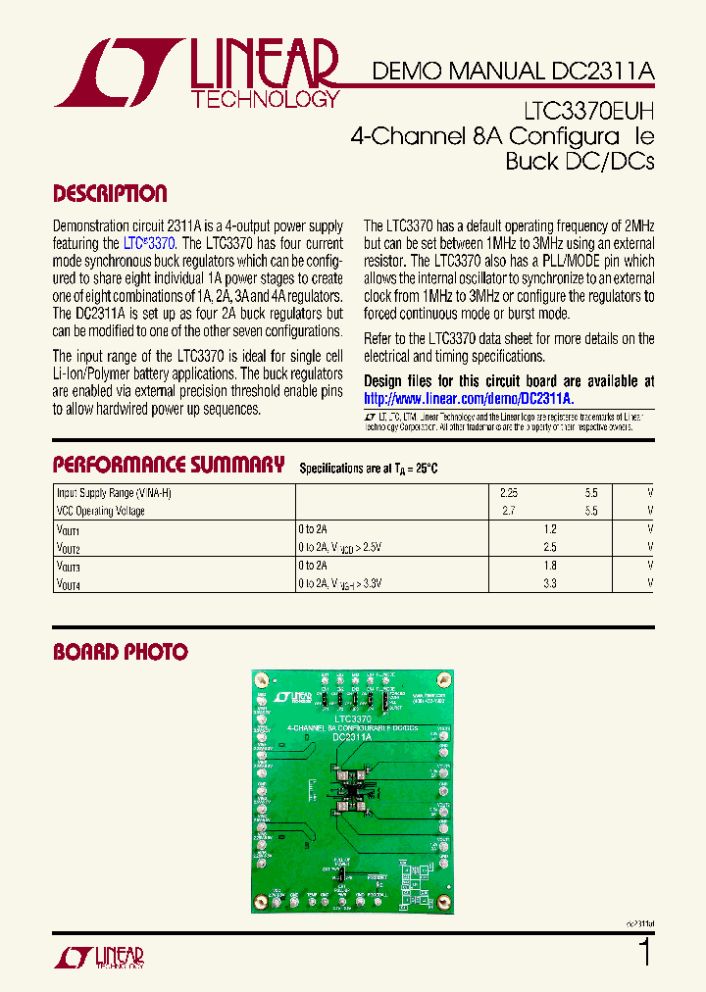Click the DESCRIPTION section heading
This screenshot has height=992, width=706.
(x=110, y=194)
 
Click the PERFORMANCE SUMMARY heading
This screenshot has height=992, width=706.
(x=169, y=465)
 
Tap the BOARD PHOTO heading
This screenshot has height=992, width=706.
(x=120, y=652)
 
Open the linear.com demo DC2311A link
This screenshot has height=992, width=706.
(x=469, y=399)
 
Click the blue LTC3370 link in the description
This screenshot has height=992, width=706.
(x=150, y=243)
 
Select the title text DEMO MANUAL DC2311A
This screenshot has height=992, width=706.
(x=512, y=72)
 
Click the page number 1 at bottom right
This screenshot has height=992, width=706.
(x=644, y=952)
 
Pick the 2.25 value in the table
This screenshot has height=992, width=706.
(x=508, y=493)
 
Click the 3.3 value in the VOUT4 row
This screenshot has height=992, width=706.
(x=549, y=583)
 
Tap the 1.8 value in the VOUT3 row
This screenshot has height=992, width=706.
(x=549, y=566)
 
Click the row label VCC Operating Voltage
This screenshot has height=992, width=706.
(x=102, y=512)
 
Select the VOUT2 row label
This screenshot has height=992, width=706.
(x=69, y=548)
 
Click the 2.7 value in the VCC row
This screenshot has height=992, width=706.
(x=508, y=512)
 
